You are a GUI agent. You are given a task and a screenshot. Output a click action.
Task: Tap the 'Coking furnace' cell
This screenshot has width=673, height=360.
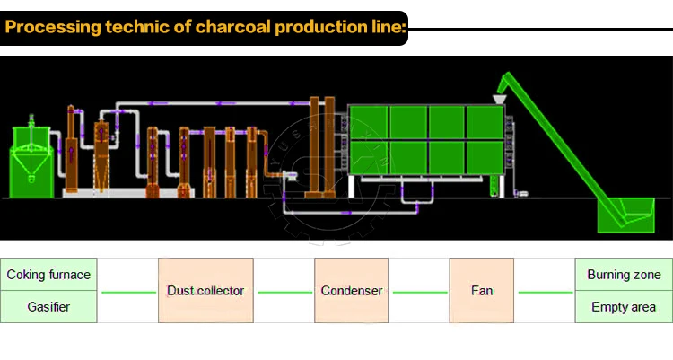click(48, 275)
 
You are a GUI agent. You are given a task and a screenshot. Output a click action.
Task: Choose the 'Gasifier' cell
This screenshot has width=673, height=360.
click(48, 307)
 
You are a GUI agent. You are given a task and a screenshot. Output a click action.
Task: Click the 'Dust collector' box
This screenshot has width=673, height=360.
click(205, 291)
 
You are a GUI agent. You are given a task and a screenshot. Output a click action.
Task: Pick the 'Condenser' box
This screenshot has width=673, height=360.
click(352, 291)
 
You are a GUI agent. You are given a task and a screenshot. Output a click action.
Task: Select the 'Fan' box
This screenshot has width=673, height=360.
click(481, 291)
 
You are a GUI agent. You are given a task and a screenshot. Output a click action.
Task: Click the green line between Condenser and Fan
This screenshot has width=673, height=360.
click(420, 293)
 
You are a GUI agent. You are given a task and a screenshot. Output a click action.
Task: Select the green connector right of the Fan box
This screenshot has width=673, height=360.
click(544, 293)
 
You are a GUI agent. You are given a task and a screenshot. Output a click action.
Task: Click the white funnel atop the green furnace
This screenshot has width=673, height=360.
click(500, 94)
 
